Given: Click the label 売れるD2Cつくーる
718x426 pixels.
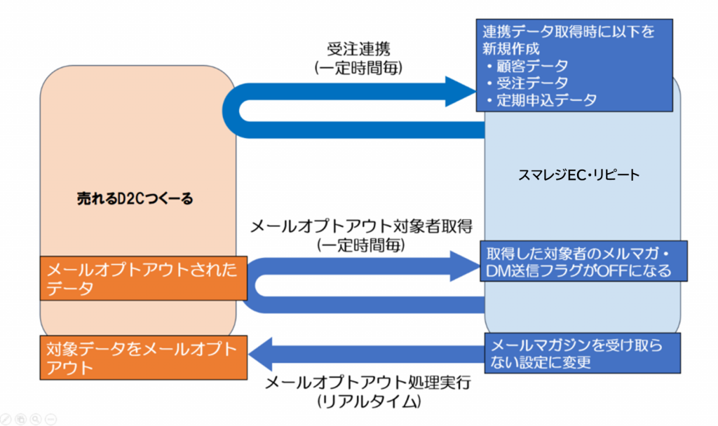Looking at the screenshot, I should coord(135,199).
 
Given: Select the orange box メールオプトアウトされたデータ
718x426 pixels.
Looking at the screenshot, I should coord(141,278).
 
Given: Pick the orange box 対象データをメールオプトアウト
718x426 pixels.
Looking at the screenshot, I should coord(141,357).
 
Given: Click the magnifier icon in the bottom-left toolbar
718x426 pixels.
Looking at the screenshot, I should coord(51,418).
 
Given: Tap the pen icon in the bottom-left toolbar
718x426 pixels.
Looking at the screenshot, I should coord(21,418).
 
